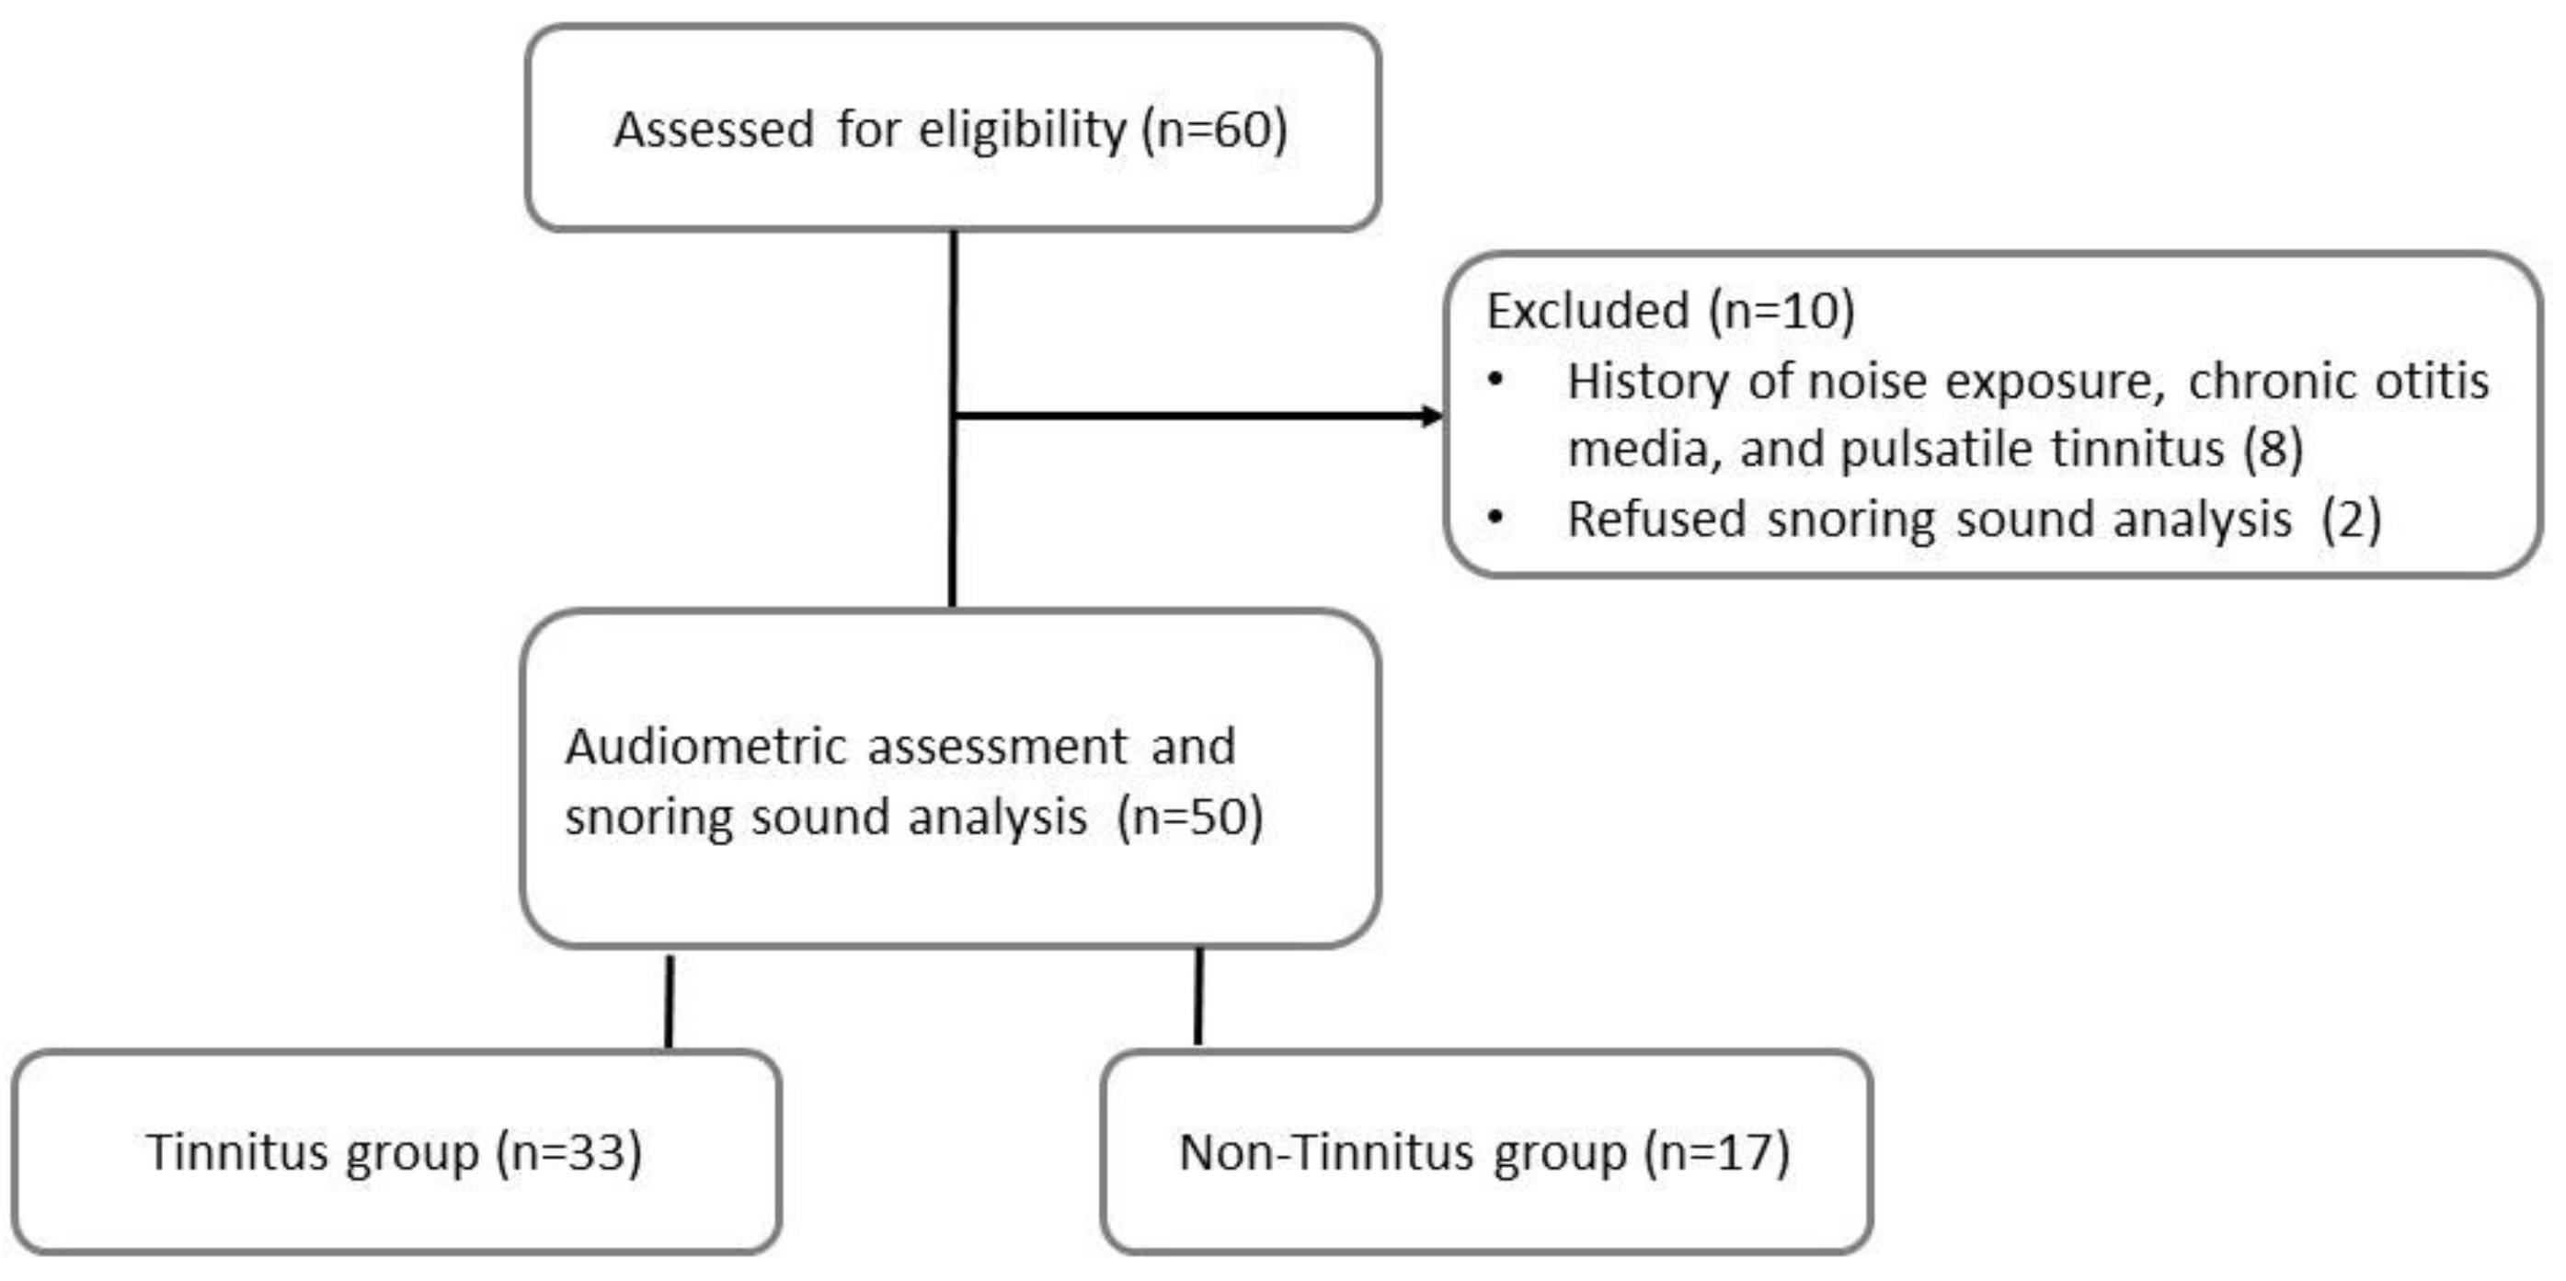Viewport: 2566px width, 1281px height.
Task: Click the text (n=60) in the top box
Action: (1214, 130)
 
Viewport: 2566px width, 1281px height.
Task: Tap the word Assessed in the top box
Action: (713, 130)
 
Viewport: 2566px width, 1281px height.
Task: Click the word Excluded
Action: (1587, 310)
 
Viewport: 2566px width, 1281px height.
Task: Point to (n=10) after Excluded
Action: (1781, 310)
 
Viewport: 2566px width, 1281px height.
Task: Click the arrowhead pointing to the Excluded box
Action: (1431, 416)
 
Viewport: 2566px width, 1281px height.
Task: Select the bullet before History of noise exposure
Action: (1495, 380)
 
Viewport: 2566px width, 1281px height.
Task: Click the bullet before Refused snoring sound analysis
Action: (1495, 517)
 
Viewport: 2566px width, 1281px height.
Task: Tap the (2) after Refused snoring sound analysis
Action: (2351, 519)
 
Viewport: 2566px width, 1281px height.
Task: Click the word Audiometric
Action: (705, 746)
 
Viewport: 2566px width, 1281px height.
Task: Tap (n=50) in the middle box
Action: (1189, 817)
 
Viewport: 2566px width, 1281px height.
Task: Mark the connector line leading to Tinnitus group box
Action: (670, 1001)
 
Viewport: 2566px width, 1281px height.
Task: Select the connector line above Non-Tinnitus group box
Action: (1198, 996)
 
